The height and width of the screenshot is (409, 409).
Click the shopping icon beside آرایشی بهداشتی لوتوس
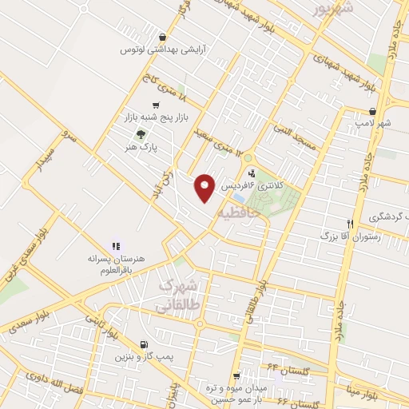coord(163,37)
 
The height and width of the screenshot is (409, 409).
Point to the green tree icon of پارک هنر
coord(141,134)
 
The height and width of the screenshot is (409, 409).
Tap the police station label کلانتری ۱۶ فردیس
coord(258,185)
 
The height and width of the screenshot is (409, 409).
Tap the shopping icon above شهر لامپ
coord(373,112)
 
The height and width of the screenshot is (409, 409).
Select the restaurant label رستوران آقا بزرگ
coord(352,236)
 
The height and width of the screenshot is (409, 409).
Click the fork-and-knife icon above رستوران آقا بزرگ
coord(350,224)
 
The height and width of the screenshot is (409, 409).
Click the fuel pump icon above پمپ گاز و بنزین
coord(143,344)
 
